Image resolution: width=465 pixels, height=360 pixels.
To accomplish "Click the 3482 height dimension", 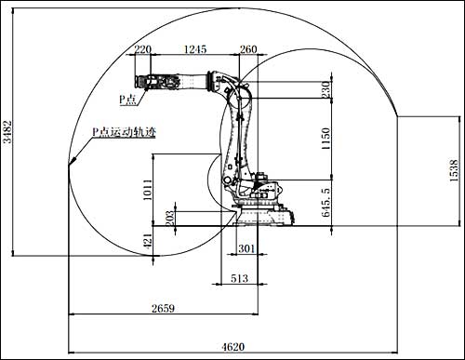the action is pos(7,131).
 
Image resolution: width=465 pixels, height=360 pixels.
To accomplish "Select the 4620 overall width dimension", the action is pos(233,347).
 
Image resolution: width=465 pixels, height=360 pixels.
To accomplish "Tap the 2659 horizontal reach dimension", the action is pos(163,308).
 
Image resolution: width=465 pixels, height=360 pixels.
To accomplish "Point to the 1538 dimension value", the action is pos(453,170).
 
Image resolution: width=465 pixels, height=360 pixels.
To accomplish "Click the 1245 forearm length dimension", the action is pos(195,49).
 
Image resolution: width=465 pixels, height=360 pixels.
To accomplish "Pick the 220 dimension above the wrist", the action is pos(143,49).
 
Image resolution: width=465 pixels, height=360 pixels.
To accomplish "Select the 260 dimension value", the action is pos(248,49).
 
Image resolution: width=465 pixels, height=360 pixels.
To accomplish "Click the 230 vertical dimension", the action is pos(325,89).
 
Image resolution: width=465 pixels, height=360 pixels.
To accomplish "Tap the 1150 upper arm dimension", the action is pos(325,139).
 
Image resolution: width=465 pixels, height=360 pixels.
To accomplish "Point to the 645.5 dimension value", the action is pos(325,202).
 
